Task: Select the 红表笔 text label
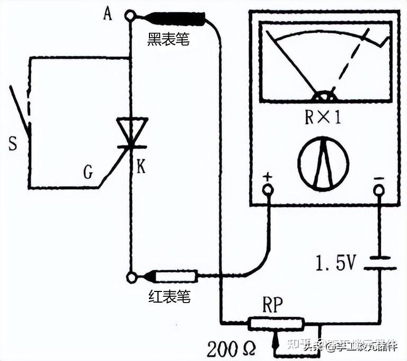pyautogui.click(x=169, y=297)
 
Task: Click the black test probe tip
pyautogui.click(x=177, y=19)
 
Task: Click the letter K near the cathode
pyautogui.click(x=141, y=167)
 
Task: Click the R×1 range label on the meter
pyautogui.click(x=323, y=117)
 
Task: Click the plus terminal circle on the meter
pyautogui.click(x=268, y=190)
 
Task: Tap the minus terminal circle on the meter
pyautogui.click(x=379, y=190)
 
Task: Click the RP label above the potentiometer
pyautogui.click(x=272, y=305)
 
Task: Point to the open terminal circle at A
pyautogui.click(x=130, y=16)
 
